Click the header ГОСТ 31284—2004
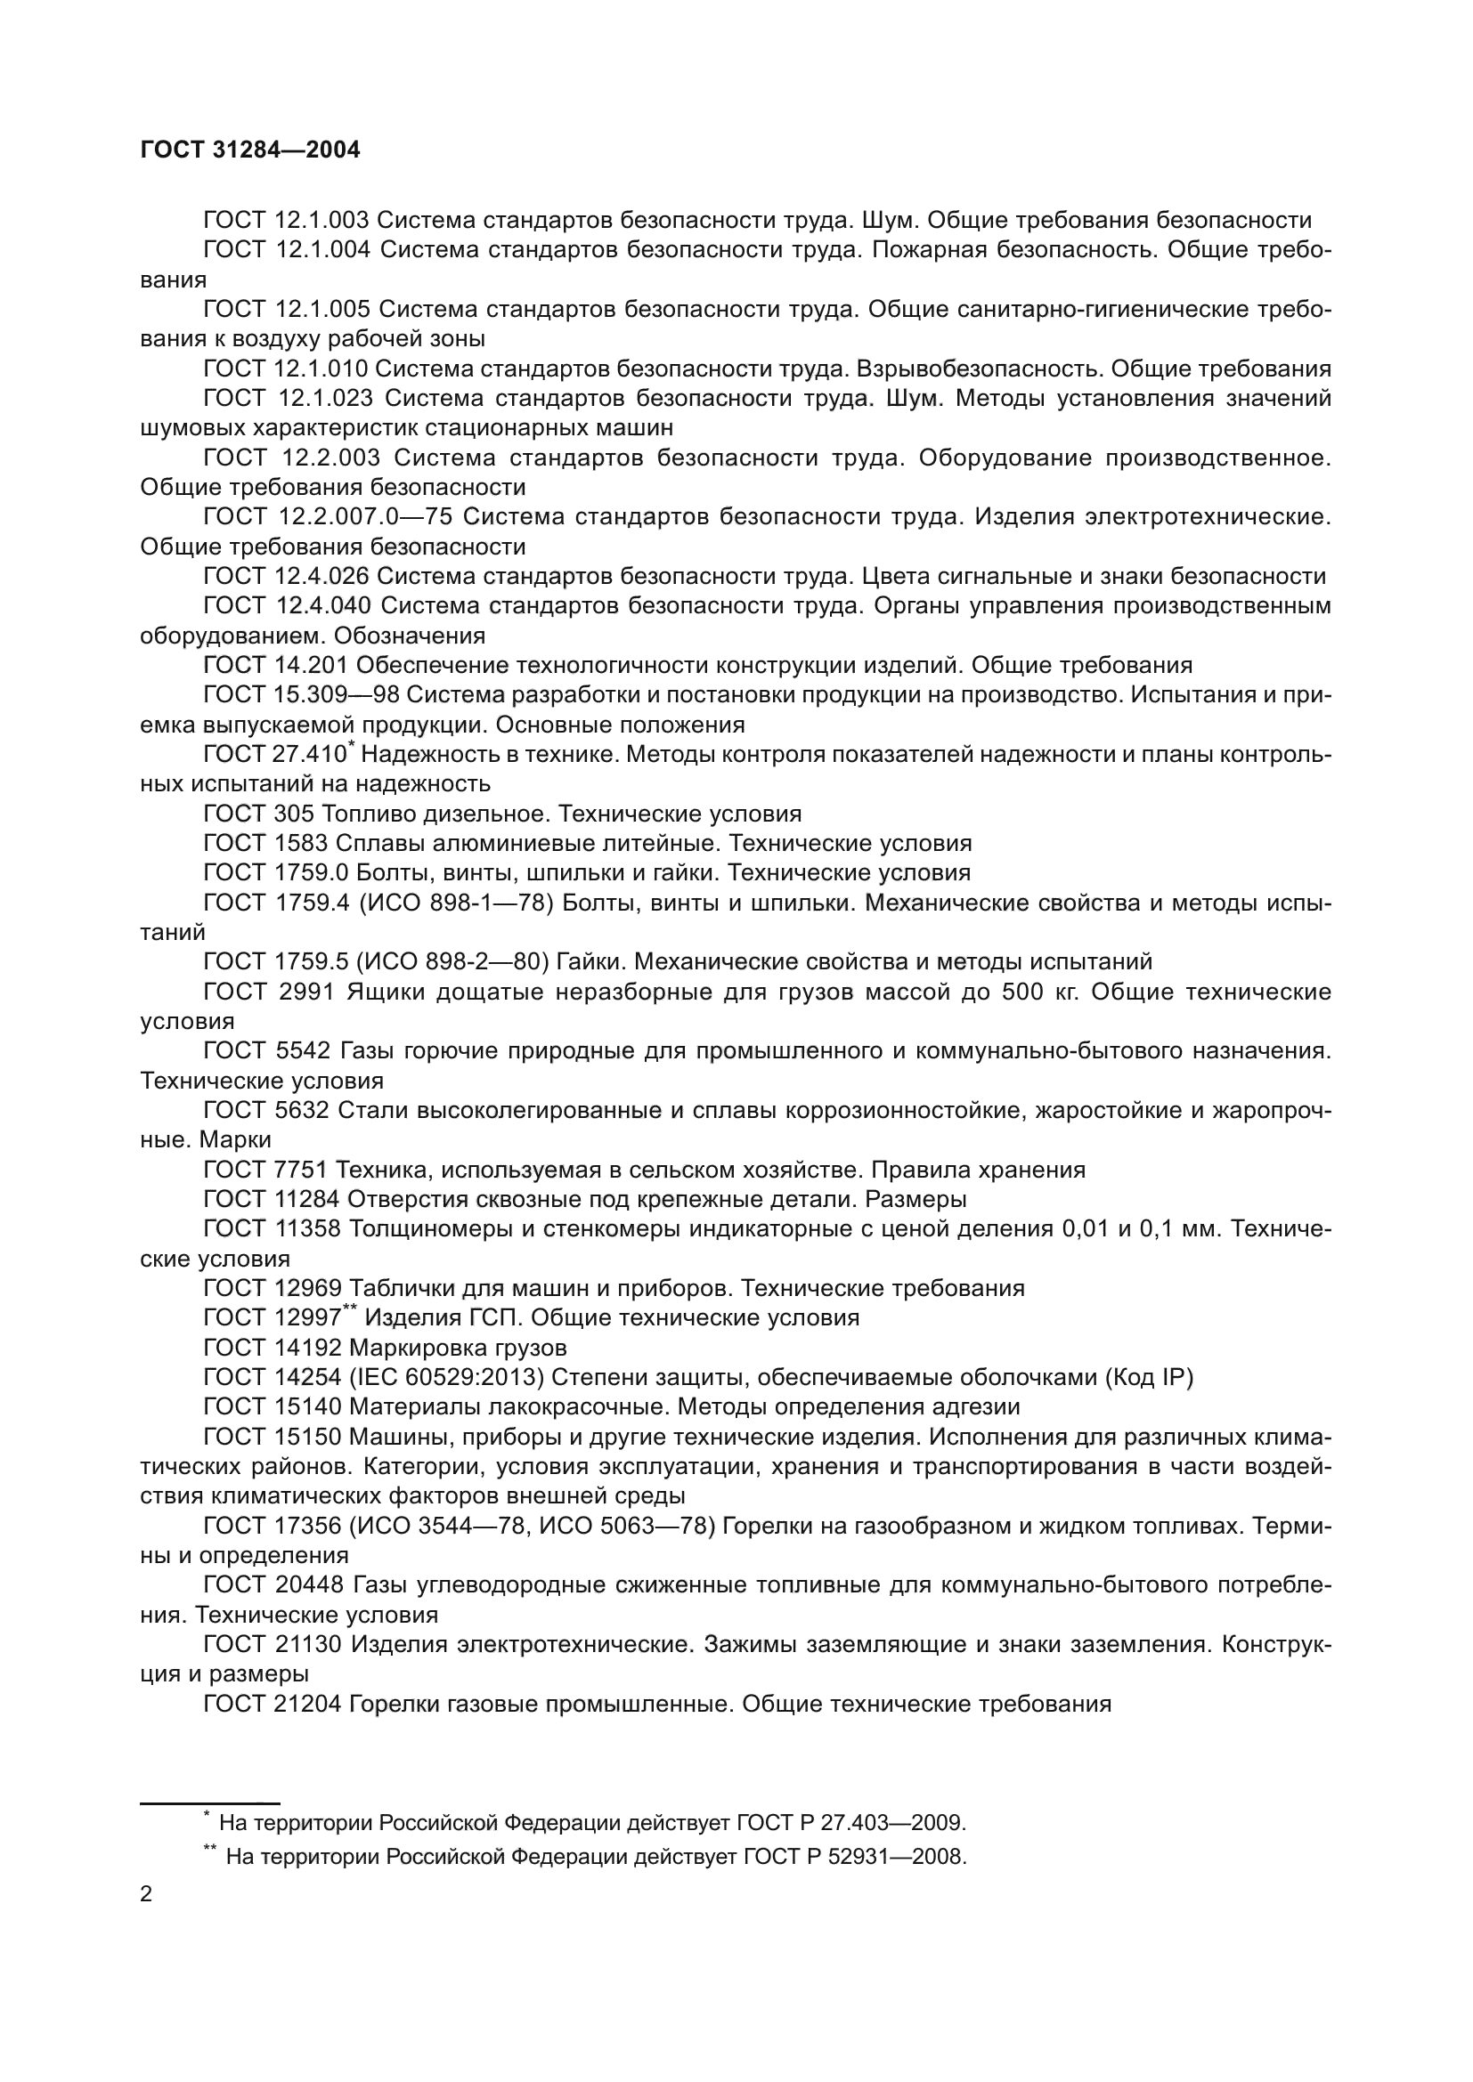click(250, 150)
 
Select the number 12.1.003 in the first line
click(322, 221)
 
